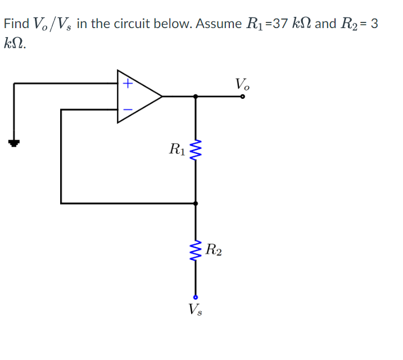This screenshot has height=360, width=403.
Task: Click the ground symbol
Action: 13,143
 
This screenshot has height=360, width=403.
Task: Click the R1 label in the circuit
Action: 176,149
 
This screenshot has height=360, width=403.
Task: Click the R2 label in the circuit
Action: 214,249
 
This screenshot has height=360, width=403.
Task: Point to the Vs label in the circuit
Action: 195,309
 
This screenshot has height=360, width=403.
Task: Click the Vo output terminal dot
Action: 243,97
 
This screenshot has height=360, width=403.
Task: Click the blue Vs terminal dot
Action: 196,297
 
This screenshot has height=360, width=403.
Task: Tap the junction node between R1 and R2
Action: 196,203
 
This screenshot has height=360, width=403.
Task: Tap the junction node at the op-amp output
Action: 196,97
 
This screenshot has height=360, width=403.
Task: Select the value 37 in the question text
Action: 271,24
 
